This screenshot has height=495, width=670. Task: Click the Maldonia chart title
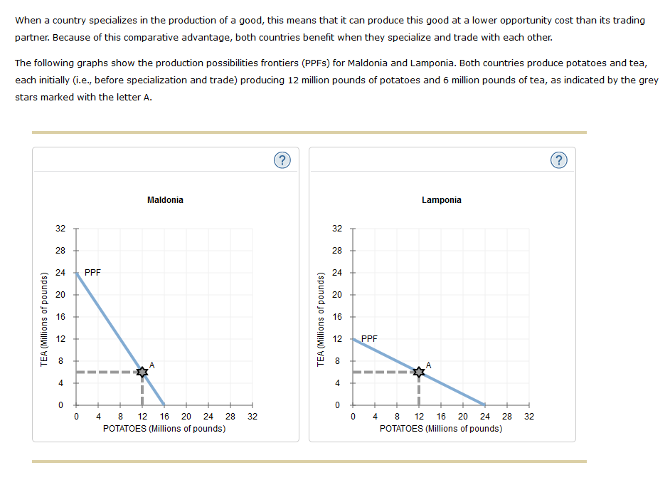click(x=165, y=200)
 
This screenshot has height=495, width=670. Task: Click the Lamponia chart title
click(x=441, y=200)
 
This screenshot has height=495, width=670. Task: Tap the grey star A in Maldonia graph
click(x=142, y=372)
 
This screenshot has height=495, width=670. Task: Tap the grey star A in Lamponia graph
click(x=419, y=372)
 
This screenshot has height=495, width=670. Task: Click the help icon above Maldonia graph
click(x=282, y=160)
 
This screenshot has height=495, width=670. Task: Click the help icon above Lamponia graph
click(x=558, y=160)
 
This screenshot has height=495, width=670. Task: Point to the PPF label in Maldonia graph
click(x=93, y=272)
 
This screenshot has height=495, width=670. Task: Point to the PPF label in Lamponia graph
click(x=370, y=338)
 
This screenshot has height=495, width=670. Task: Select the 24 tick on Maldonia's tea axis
click(x=60, y=272)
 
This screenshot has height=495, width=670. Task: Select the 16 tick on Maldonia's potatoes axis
click(x=164, y=417)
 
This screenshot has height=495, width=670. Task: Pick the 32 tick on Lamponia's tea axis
click(x=337, y=229)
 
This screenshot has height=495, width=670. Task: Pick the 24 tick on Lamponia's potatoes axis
click(x=485, y=417)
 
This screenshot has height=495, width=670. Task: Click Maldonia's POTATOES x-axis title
click(x=164, y=429)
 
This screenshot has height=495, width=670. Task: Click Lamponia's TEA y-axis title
click(x=321, y=317)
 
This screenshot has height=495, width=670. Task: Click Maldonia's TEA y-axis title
click(x=44, y=317)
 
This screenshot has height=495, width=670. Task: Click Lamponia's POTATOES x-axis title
click(x=441, y=429)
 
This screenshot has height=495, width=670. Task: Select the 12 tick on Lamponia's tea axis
click(x=337, y=338)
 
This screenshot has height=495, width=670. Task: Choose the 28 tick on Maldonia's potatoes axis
click(x=230, y=417)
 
